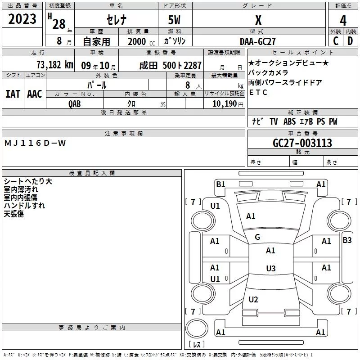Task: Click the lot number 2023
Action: pyautogui.click(x=22, y=19)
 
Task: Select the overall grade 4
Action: pyautogui.click(x=343, y=21)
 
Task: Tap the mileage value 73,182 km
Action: pyautogui.click(x=55, y=65)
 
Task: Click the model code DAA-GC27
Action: pyautogui.click(x=257, y=41)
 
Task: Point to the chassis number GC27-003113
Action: pyautogui.click(x=302, y=143)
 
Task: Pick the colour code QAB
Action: pyautogui.click(x=74, y=104)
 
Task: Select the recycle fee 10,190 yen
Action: pyautogui.click(x=228, y=104)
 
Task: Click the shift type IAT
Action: pyautogui.click(x=13, y=94)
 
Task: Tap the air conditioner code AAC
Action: pyautogui.click(x=35, y=94)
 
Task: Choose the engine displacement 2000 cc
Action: pyautogui.click(x=141, y=41)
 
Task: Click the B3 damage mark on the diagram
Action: pyautogui.click(x=347, y=240)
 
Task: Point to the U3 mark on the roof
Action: pyautogui.click(x=271, y=268)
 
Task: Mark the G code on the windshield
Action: pyautogui.click(x=257, y=237)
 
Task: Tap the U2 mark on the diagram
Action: pyautogui.click(x=253, y=299)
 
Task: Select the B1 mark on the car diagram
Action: pyautogui.click(x=220, y=184)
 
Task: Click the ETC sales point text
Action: pyautogui.click(x=258, y=92)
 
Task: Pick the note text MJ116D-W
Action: pyautogui.click(x=35, y=143)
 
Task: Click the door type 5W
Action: pyautogui.click(x=174, y=20)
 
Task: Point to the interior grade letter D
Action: pyautogui.click(x=350, y=41)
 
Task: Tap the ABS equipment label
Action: pyautogui.click(x=289, y=121)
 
